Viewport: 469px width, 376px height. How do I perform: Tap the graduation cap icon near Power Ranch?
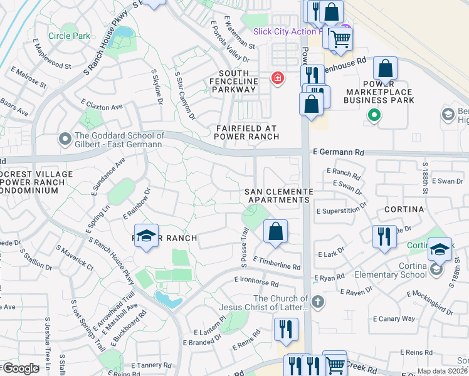[x=146, y=236]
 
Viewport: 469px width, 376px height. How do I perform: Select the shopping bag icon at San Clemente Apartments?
[x=275, y=231]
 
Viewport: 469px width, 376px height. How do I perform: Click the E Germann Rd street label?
[x=339, y=152]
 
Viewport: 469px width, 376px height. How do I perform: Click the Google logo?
[x=20, y=368]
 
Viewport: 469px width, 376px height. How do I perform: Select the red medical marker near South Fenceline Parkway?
[x=277, y=78]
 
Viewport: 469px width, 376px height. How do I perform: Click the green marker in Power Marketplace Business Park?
[x=374, y=115]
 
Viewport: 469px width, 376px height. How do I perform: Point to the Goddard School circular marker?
[x=65, y=138]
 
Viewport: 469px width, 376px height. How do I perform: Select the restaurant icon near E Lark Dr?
[x=383, y=236]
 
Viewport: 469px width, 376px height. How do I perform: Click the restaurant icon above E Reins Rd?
[x=285, y=330]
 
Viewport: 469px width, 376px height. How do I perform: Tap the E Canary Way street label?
[x=394, y=318]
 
